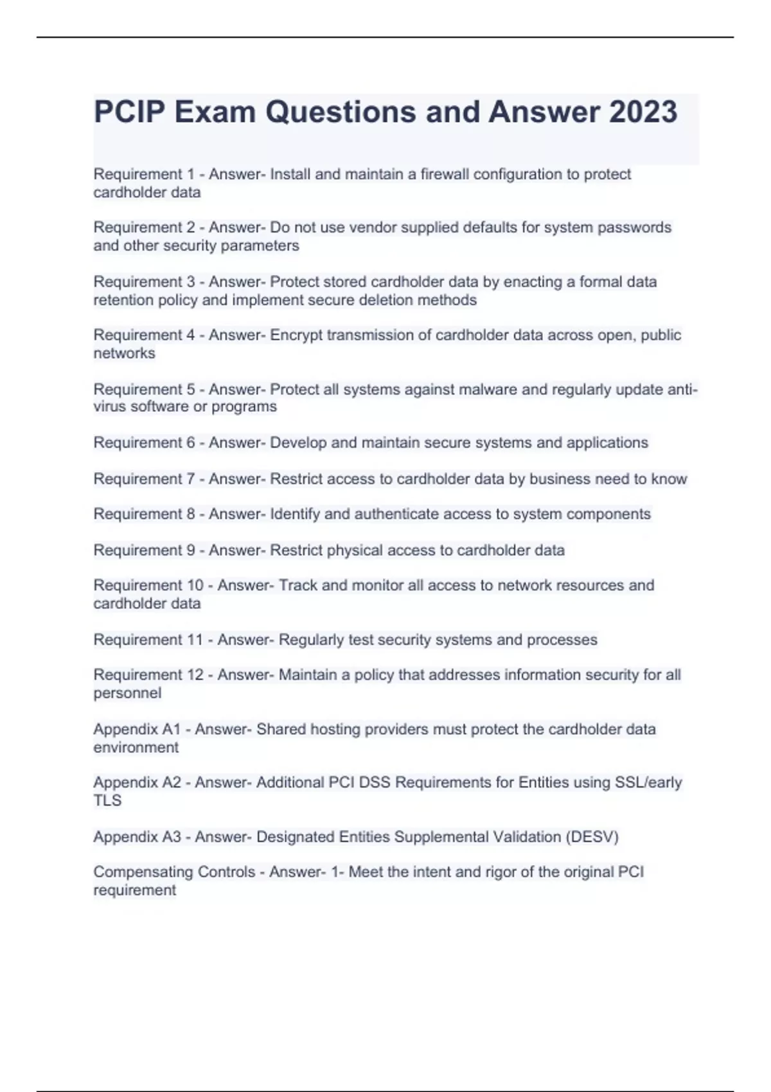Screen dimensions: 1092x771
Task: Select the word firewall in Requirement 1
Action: pos(444,174)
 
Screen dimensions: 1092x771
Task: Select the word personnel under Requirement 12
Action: pos(127,693)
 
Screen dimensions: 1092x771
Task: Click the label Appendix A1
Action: pos(137,729)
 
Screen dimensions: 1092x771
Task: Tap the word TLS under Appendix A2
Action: pos(107,800)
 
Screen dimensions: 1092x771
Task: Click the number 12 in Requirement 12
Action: pos(194,675)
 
